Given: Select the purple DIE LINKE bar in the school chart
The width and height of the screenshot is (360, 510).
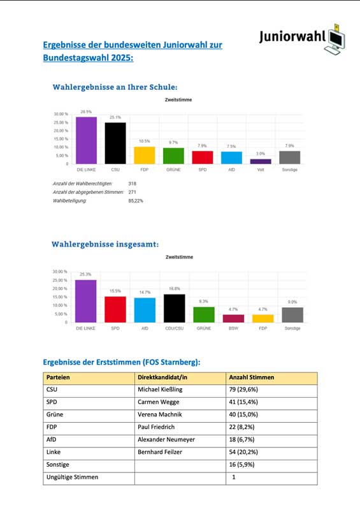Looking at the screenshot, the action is point(87,140).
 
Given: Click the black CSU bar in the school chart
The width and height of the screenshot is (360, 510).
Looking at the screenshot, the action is point(115,143).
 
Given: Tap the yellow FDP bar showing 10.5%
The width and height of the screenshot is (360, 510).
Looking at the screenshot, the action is point(144,156).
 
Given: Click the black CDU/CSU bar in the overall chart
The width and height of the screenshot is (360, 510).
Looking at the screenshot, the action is point(174,309).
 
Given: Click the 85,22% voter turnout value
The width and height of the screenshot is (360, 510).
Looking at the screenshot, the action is point(136,200).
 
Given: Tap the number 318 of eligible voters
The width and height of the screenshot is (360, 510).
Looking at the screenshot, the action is point(133,184).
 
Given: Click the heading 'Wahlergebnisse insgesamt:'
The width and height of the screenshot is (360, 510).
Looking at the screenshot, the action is point(105,244).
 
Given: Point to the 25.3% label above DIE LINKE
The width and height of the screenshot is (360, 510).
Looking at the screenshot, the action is point(87,275).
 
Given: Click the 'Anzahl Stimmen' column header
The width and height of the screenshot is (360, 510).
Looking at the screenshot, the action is point(252,377).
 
